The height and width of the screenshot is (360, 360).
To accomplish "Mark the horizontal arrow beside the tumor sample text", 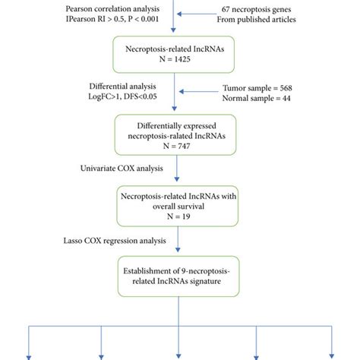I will click(202, 95).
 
